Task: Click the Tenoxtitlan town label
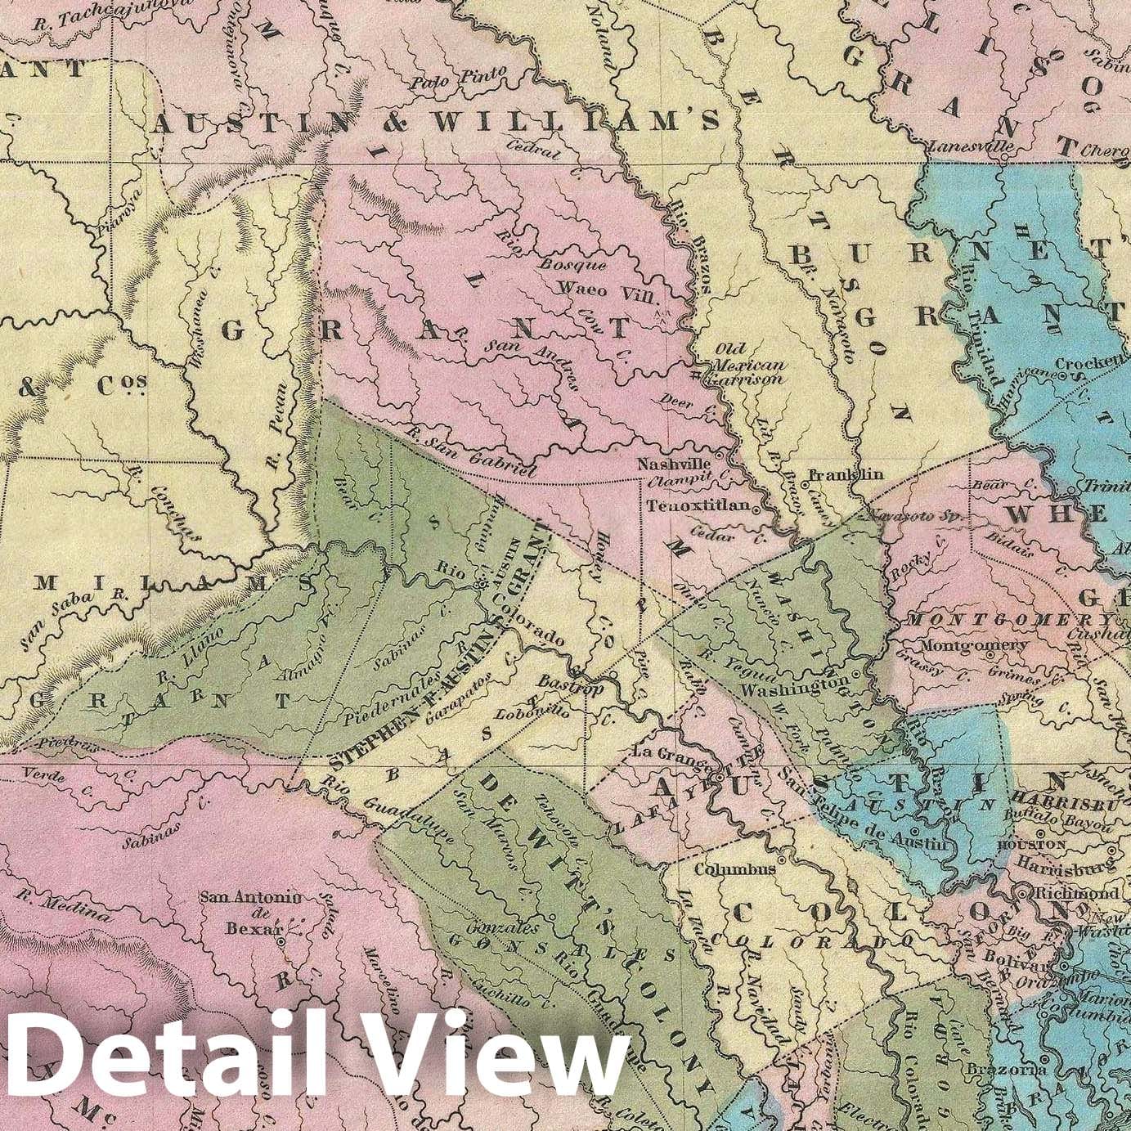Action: coord(698,506)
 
